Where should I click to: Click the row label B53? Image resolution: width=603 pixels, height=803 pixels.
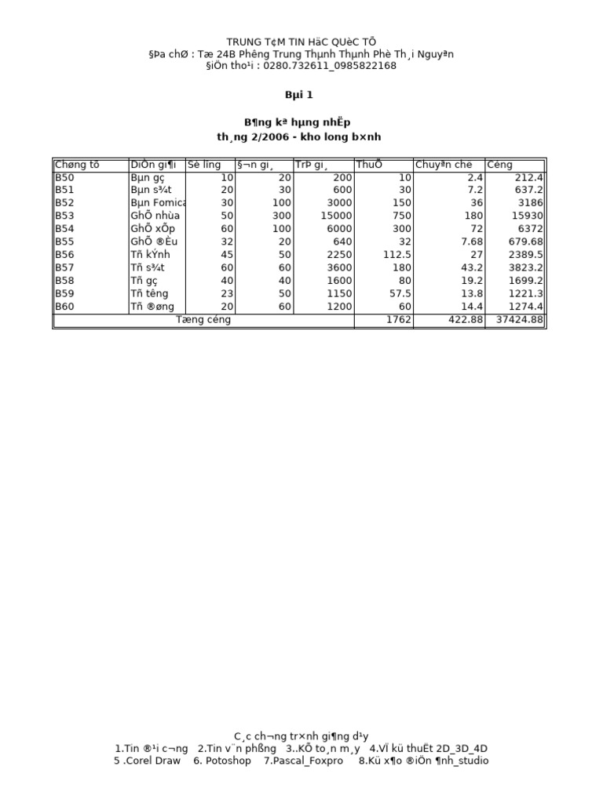(64, 216)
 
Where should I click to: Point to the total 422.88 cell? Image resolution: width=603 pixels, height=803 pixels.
(463, 320)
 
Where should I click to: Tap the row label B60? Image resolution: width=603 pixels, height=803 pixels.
(64, 307)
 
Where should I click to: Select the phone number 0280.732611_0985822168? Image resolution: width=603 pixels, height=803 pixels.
(330, 66)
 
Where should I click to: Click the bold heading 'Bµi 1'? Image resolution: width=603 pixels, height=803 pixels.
(298, 95)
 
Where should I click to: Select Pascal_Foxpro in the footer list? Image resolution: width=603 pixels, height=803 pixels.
(303, 761)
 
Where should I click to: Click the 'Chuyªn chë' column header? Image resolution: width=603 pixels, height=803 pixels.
(444, 165)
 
